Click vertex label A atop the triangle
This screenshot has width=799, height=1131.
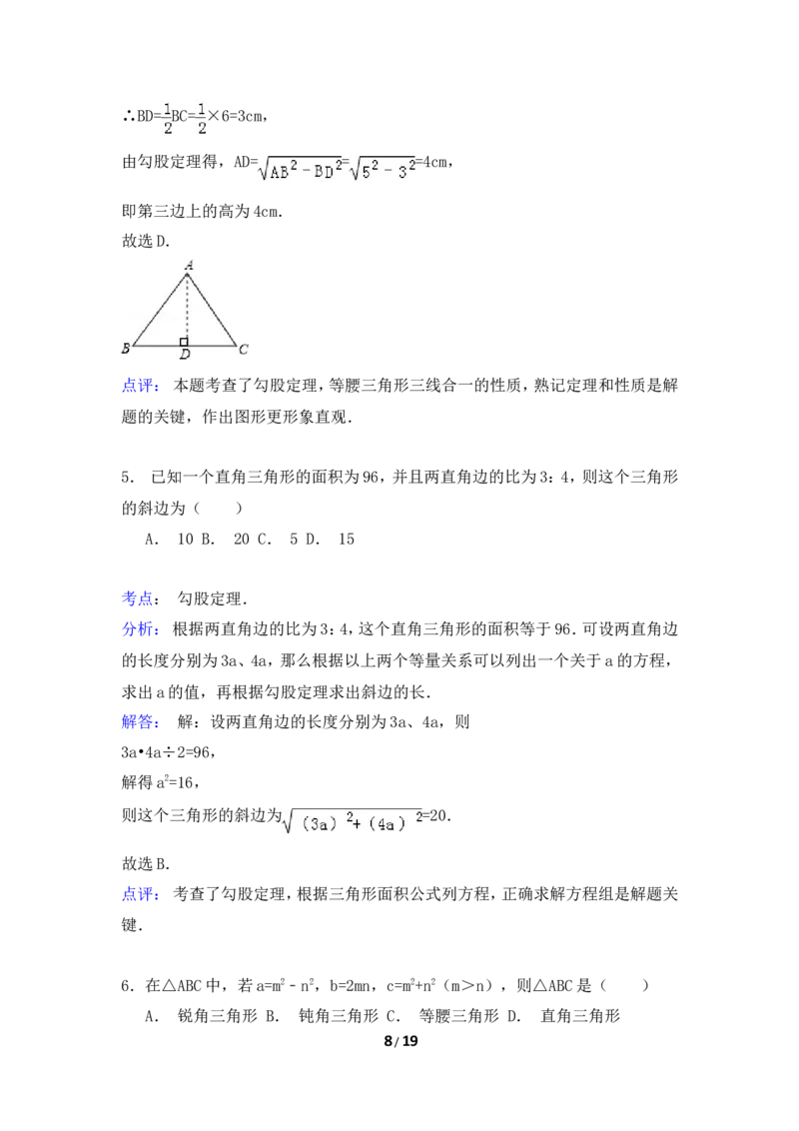189,265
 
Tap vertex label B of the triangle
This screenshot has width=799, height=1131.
126,349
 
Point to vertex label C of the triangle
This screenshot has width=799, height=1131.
243,349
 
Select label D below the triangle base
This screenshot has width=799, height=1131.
186,354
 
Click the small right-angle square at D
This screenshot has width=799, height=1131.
184,342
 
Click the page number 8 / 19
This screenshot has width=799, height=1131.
400,1041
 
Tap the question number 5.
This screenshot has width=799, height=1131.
128,478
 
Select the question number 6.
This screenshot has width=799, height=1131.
128,986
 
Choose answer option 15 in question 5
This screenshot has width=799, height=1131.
347,540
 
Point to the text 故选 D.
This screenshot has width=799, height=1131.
146,242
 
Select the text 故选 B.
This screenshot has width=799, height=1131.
146,864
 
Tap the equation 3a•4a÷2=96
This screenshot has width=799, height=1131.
169,753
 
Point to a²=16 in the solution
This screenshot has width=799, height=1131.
178,782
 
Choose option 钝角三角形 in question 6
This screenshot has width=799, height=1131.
339,1016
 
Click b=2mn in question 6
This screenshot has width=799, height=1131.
354,986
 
